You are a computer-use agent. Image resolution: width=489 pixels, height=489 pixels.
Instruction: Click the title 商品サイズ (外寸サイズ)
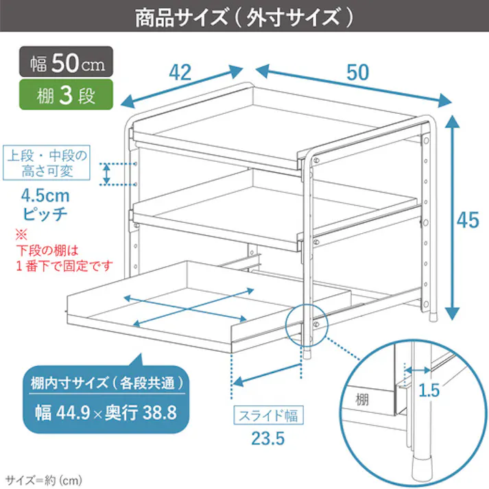244,17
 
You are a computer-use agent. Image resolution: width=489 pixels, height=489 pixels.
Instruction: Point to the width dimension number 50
357,71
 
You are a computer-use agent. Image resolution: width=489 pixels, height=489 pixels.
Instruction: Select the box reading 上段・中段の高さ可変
47,163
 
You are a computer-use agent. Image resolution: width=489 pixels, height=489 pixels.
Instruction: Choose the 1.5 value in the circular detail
428,391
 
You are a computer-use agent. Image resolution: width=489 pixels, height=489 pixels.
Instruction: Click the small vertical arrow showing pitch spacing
106,174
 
